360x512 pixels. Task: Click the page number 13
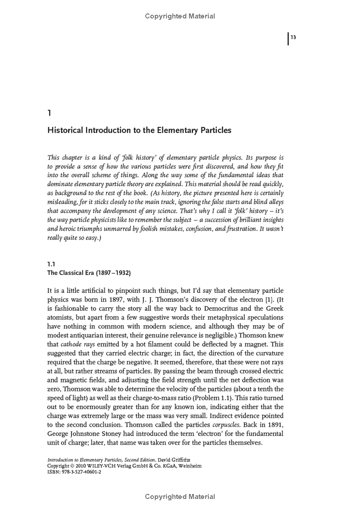pos(293,37)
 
